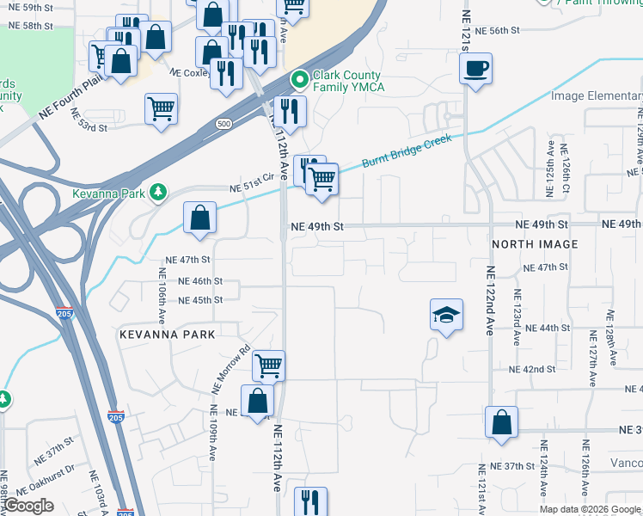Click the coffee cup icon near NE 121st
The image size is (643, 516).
[x=475, y=68]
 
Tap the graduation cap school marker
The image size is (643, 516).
[x=445, y=316]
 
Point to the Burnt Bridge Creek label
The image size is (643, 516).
[x=406, y=150]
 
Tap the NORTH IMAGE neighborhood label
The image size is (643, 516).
[x=535, y=244]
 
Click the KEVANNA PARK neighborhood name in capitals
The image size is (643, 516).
[x=167, y=332]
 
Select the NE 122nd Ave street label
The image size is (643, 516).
[x=491, y=300]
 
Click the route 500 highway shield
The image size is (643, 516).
[x=224, y=124]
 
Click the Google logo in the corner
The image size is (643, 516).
[x=28, y=506]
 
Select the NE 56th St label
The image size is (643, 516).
[x=493, y=30]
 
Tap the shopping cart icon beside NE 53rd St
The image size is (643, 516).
[x=161, y=109]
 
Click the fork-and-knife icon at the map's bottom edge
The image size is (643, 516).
[x=310, y=501]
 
